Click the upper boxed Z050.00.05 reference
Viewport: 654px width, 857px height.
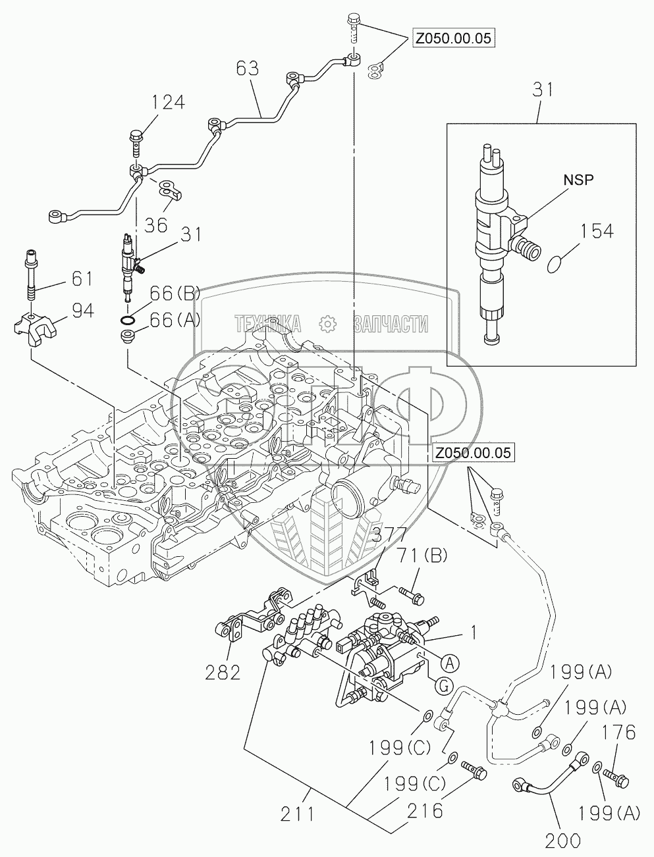(453, 38)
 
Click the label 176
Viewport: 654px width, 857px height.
(618, 732)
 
